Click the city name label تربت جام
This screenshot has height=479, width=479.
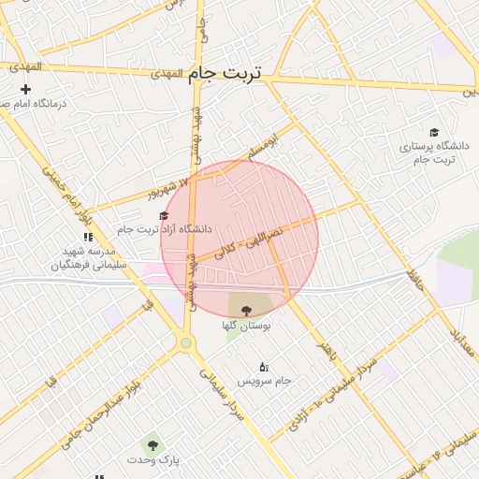[225, 72]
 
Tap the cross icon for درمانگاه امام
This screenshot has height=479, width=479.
[25, 89]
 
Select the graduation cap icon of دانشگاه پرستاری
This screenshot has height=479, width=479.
[433, 132]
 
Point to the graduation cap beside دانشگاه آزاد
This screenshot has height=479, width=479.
[164, 216]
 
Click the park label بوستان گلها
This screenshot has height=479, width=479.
[246, 327]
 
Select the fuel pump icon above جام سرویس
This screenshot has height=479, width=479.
[263, 367]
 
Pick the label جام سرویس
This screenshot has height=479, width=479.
[263, 382]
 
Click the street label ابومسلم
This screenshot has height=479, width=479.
[263, 147]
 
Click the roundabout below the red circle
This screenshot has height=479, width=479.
[186, 343]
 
